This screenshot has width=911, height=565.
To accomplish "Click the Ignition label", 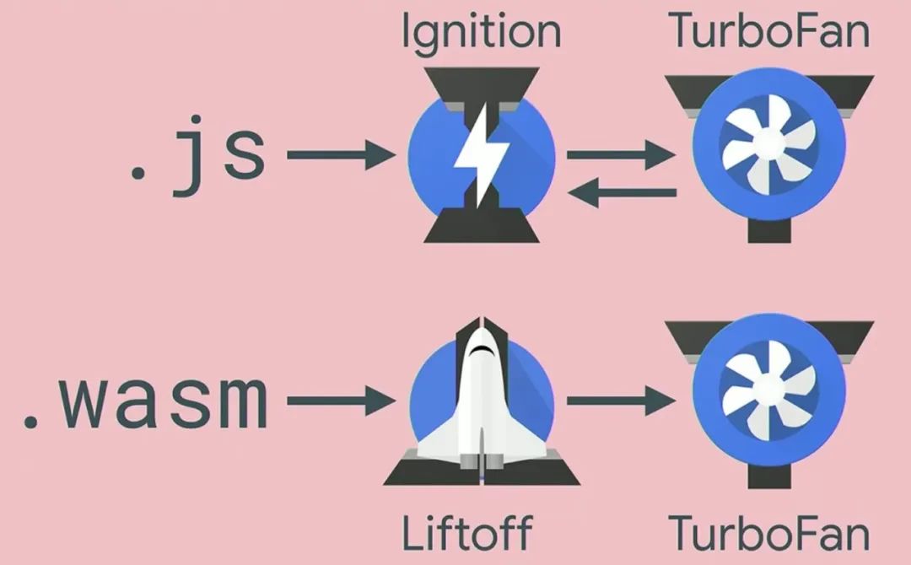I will (x=481, y=32).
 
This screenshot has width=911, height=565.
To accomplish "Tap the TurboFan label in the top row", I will (x=768, y=32).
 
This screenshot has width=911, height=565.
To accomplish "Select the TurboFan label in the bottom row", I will (x=768, y=533).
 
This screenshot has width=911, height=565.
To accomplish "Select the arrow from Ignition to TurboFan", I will (x=621, y=155).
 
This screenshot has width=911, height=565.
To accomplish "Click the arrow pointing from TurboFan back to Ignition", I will (x=621, y=193).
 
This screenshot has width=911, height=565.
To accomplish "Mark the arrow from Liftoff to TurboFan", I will (x=621, y=401).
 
